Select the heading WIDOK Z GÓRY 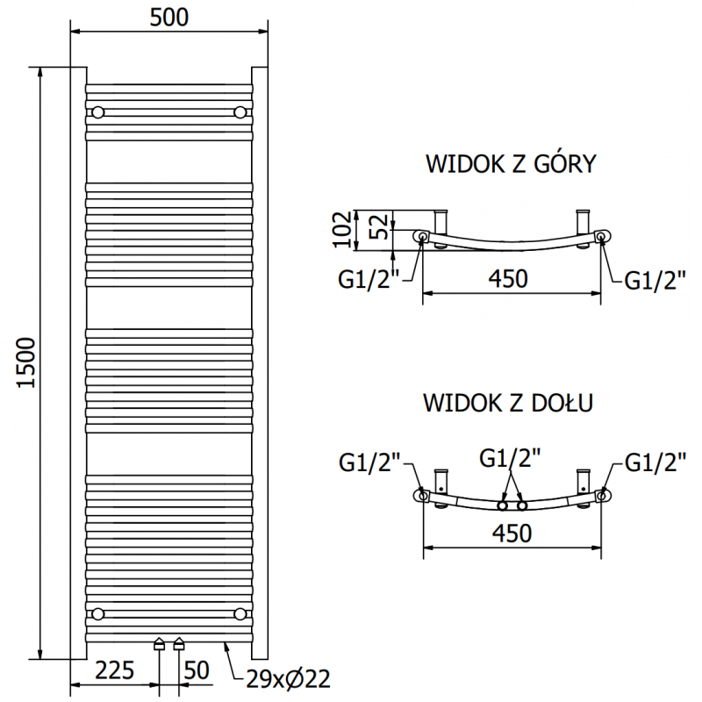point(511,164)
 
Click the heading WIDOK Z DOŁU point(510,403)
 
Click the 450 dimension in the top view point(508,279)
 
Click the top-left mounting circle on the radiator point(97,111)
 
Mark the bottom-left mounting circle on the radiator point(97,612)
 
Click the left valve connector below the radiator point(159,644)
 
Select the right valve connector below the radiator point(180,644)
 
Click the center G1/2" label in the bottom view point(510,458)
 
